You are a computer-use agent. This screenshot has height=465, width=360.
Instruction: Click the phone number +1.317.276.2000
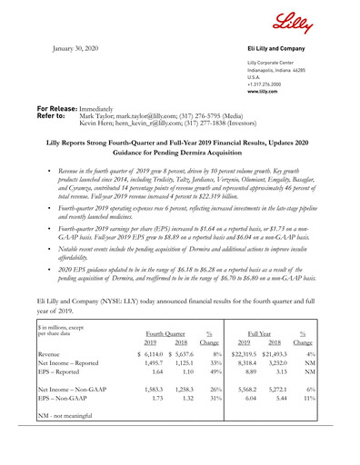[x=276, y=84]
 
